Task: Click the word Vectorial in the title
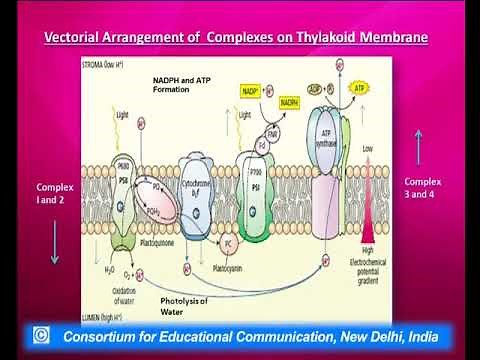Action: (x=77, y=38)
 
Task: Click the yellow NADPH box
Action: (x=289, y=102)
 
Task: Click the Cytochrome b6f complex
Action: (x=196, y=189)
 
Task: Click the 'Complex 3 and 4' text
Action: (x=426, y=187)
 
